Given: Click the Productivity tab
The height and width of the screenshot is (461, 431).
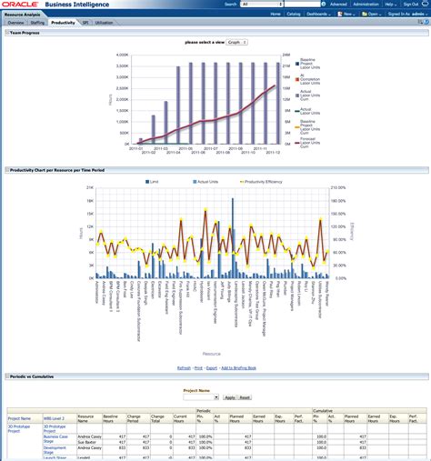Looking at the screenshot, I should [63, 21].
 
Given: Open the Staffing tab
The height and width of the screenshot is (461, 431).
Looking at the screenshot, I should [37, 21].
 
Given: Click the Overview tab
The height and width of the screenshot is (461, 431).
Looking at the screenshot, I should [15, 21].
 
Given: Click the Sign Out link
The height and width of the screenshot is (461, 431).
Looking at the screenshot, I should [412, 5].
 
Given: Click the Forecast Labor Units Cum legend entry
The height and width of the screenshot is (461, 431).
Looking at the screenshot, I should [309, 142].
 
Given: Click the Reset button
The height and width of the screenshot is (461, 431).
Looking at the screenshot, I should [245, 397].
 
